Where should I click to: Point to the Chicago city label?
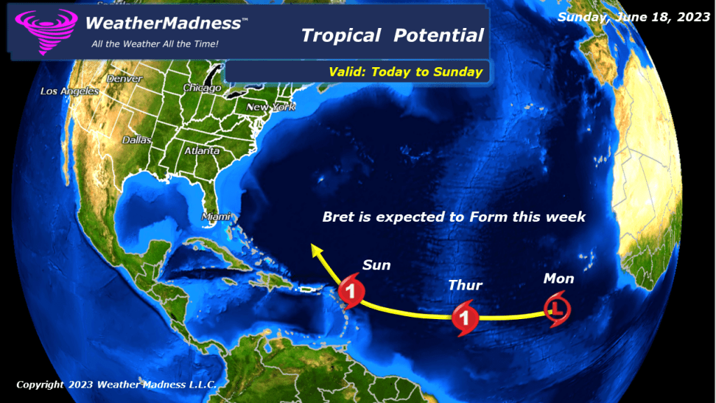pyautogui.click(x=202, y=88)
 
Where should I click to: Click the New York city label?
pyautogui.click(x=271, y=107)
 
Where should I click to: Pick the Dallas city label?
pyautogui.click(x=136, y=140)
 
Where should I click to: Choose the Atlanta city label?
pyautogui.click(x=202, y=151)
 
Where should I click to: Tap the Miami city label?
pyautogui.click(x=216, y=217)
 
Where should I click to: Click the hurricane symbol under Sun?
pyautogui.click(x=351, y=292)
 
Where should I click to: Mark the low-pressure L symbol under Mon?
pyautogui.click(x=557, y=308)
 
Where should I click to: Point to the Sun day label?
pyautogui.click(x=376, y=265)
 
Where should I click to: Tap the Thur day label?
pyautogui.click(x=465, y=285)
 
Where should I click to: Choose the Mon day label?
pyautogui.click(x=559, y=279)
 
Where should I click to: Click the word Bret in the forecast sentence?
pyautogui.click(x=338, y=217)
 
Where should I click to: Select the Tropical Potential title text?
pyautogui.click(x=392, y=35)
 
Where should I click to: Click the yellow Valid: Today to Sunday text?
pyautogui.click(x=406, y=71)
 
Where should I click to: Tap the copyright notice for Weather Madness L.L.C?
pyautogui.click(x=116, y=384)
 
